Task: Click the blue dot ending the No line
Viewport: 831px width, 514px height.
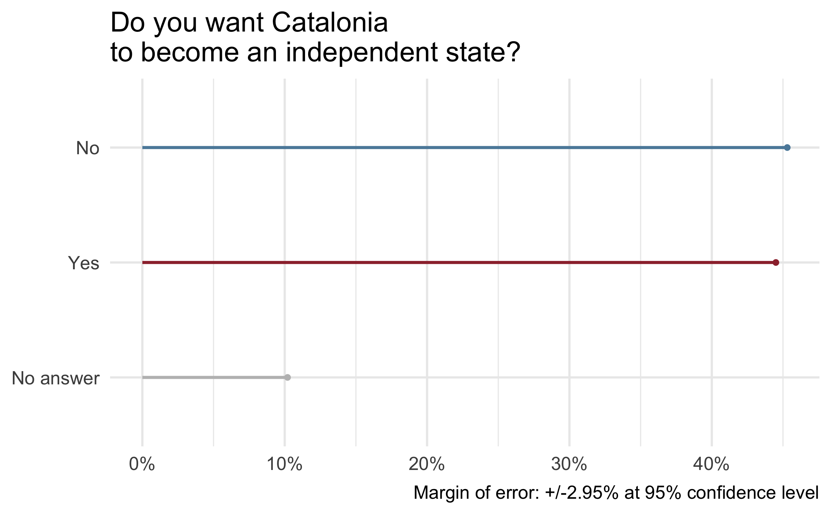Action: (787, 148)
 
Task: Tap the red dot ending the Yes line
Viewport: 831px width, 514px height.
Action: (776, 262)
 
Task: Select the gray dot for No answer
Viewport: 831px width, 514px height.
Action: (287, 377)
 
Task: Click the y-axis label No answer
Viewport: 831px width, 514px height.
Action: (55, 378)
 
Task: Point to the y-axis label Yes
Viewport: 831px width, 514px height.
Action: (83, 263)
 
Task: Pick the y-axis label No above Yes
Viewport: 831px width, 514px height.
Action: (88, 148)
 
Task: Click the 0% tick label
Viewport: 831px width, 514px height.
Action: (142, 464)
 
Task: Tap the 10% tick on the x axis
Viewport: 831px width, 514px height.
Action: (285, 464)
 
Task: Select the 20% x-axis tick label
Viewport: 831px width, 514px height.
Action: (427, 464)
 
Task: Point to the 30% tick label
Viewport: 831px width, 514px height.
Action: (569, 464)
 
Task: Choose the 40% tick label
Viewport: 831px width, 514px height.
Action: (712, 464)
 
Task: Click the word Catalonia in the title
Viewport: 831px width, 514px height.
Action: (330, 23)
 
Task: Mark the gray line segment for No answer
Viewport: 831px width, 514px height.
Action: (215, 377)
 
